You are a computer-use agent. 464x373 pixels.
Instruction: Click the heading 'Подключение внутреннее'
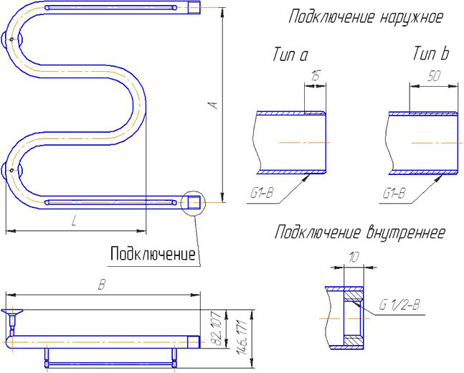click(x=359, y=232)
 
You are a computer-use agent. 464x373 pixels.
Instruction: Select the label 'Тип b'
click(x=430, y=55)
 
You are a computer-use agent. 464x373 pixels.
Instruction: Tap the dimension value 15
click(x=316, y=77)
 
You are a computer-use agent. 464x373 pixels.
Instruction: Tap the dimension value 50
click(x=433, y=77)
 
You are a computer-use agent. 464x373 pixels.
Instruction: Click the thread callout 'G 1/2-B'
click(x=399, y=306)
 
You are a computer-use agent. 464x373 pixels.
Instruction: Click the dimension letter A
click(x=213, y=105)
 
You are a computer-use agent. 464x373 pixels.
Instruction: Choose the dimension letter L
click(x=74, y=222)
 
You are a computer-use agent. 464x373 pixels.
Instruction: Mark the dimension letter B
click(x=103, y=285)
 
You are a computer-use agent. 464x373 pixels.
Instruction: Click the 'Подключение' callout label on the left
click(x=153, y=254)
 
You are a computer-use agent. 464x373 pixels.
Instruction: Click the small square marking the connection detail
click(x=192, y=203)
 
